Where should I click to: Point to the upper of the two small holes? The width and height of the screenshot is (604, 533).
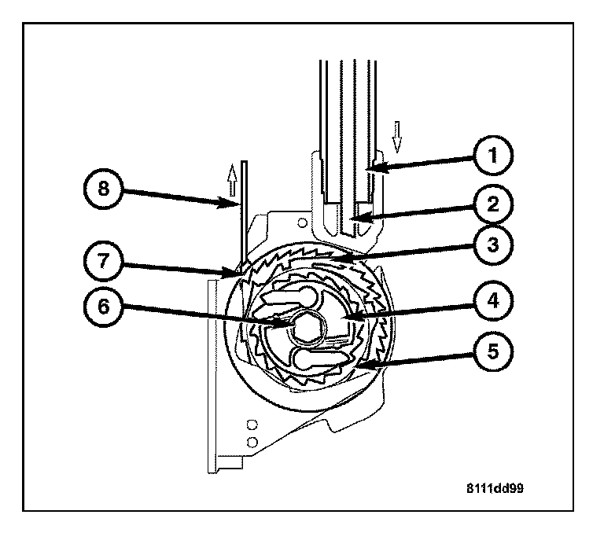tap(252, 425)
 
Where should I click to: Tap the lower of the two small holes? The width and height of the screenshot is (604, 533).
tap(252, 440)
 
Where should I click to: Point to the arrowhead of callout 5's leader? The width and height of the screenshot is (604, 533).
tap(356, 367)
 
